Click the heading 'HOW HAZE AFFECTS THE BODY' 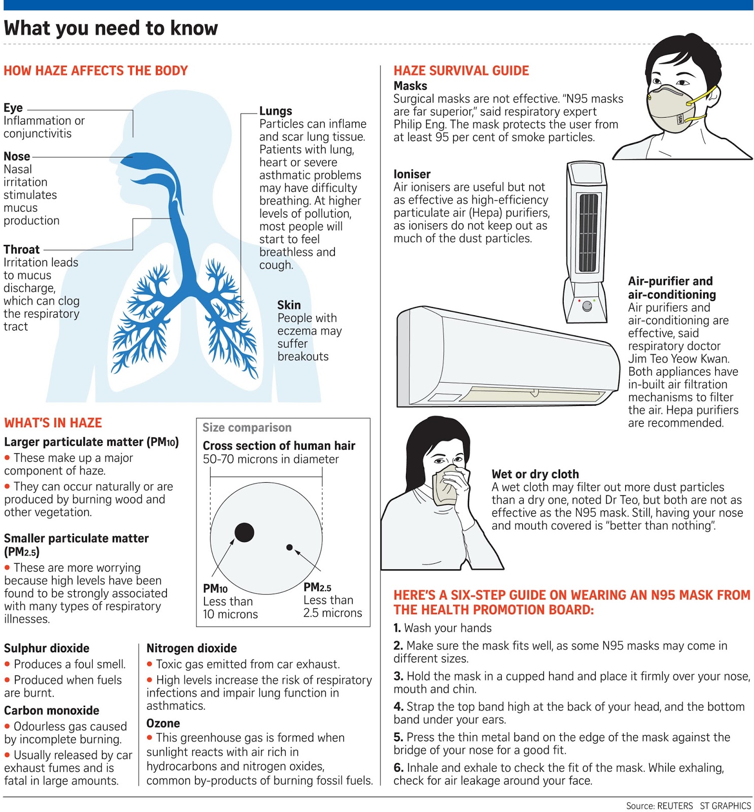click(x=95, y=71)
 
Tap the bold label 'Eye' click(x=13, y=108)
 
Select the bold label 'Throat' click(x=21, y=249)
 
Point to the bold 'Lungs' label click(x=276, y=111)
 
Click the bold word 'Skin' click(x=289, y=304)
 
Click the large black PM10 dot click(x=244, y=532)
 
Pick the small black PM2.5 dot click(x=289, y=547)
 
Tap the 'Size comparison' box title click(x=247, y=427)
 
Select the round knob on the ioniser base click(x=587, y=306)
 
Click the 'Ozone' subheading click(x=163, y=723)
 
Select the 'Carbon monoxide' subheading click(x=51, y=710)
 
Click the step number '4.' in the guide click(x=398, y=706)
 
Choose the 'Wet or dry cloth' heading click(x=535, y=474)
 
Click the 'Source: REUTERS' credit click(x=659, y=805)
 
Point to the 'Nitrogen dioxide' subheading click(x=191, y=648)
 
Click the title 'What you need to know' click(x=111, y=28)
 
